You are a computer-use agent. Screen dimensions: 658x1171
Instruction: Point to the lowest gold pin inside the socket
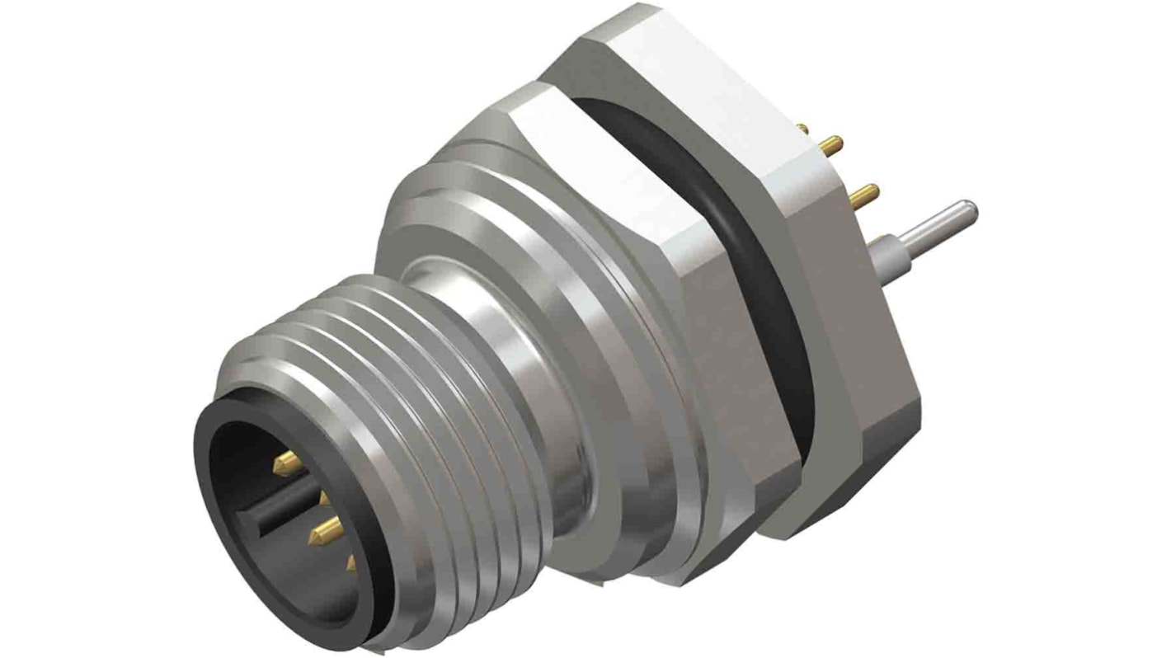click(x=351, y=564)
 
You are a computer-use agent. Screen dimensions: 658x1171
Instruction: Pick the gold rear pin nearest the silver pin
click(x=861, y=196)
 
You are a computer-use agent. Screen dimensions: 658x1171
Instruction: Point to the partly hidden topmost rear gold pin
click(x=802, y=126)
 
